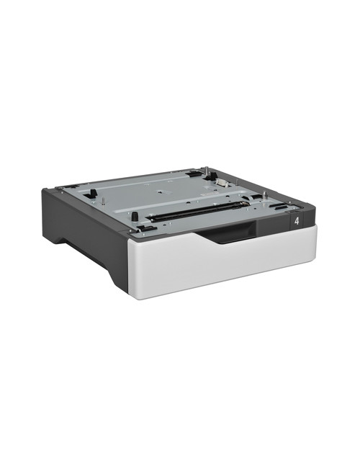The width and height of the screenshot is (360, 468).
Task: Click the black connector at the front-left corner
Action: tap(142, 229)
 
